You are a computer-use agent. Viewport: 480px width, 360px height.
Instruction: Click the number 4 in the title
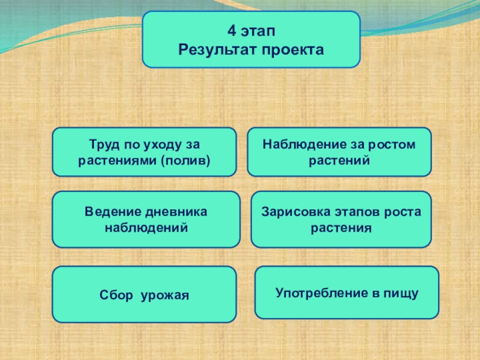point(231,30)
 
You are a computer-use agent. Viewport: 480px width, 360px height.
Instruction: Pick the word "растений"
point(340,160)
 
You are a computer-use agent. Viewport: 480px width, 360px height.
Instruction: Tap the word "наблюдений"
point(146,228)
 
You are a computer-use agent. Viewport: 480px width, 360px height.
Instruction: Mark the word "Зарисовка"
point(292,212)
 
